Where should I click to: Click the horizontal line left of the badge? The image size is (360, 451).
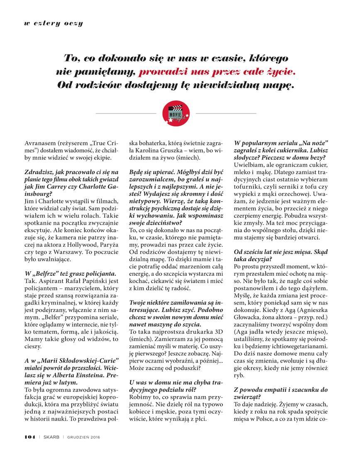(x=126, y=113)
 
